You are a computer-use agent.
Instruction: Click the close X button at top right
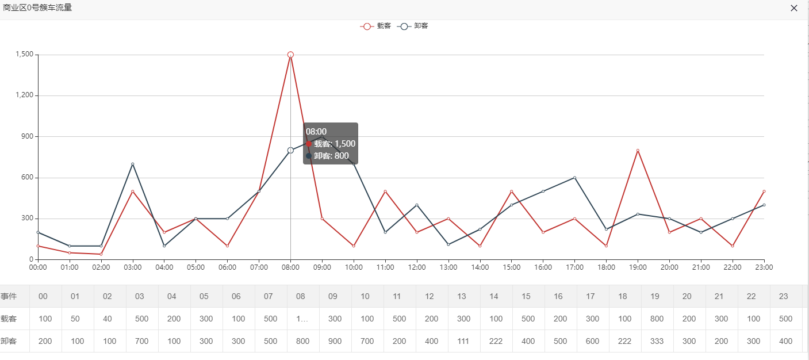pos(794,8)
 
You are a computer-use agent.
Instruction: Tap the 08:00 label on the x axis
pos(290,267)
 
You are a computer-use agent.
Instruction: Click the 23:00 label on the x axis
pos(764,267)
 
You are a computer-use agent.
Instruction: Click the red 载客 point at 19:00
pos(638,151)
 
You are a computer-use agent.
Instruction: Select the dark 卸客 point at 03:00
pos(132,164)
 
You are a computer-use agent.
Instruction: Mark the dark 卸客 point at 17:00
pos(574,178)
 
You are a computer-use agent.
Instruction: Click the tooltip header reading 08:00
pos(316,132)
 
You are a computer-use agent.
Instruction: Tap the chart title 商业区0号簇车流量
pos(37,8)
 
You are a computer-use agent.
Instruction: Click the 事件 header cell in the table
pos(9,296)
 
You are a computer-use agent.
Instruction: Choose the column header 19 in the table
pos(654,296)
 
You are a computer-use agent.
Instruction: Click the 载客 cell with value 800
pos(654,319)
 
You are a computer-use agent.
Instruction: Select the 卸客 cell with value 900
pos(335,341)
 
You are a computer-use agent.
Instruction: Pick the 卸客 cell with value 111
pos(461,341)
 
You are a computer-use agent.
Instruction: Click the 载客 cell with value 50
pos(75,319)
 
